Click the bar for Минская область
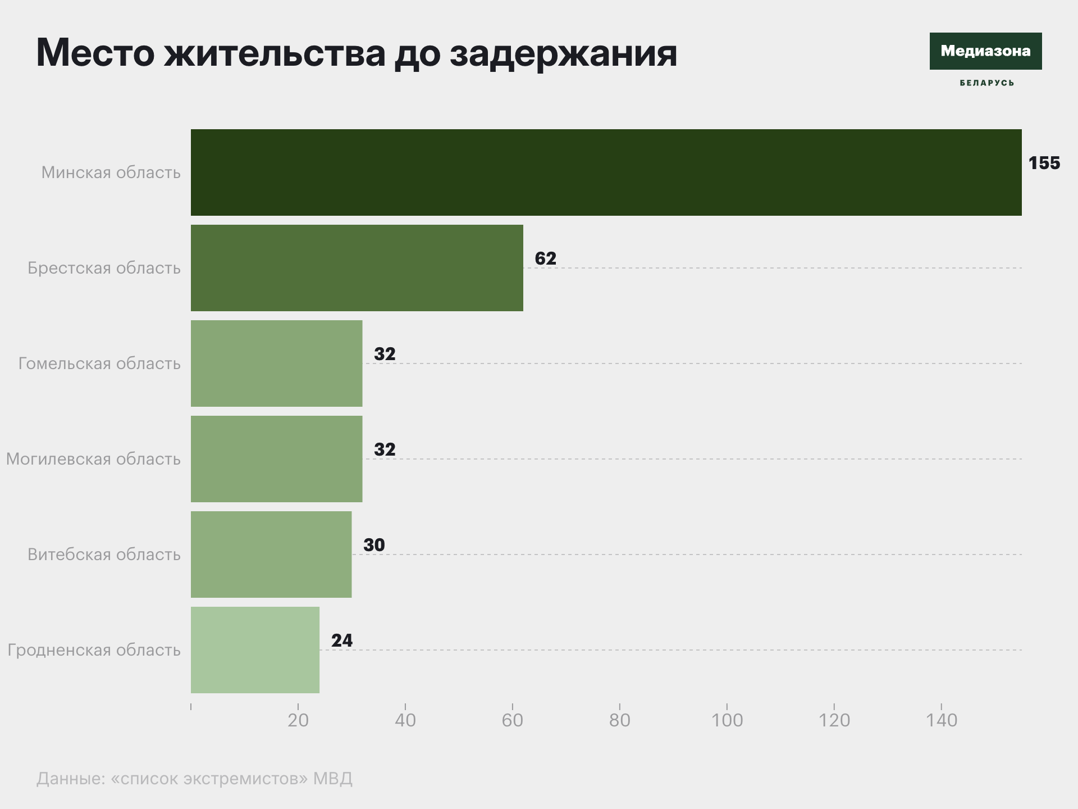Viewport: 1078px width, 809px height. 606,172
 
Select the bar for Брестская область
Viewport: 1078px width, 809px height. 357,268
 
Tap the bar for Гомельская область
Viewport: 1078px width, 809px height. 277,363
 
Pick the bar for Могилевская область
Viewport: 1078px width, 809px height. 277,459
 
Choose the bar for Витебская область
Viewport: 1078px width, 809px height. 271,555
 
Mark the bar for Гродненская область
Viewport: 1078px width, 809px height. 255,650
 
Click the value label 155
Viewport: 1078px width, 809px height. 1044,163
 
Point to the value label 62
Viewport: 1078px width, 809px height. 545,258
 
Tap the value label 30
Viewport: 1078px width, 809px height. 374,545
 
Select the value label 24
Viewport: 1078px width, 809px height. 342,640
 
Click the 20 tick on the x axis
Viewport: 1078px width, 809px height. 298,720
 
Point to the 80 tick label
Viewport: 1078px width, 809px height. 620,720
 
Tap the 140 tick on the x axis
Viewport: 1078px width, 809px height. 942,720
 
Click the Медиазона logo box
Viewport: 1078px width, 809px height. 985,51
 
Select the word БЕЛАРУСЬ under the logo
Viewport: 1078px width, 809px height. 986,83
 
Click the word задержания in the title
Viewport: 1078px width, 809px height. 563,53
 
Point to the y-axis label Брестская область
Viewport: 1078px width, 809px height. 104,268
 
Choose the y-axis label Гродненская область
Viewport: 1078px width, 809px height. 94,650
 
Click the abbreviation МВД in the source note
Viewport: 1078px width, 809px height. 332,778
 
